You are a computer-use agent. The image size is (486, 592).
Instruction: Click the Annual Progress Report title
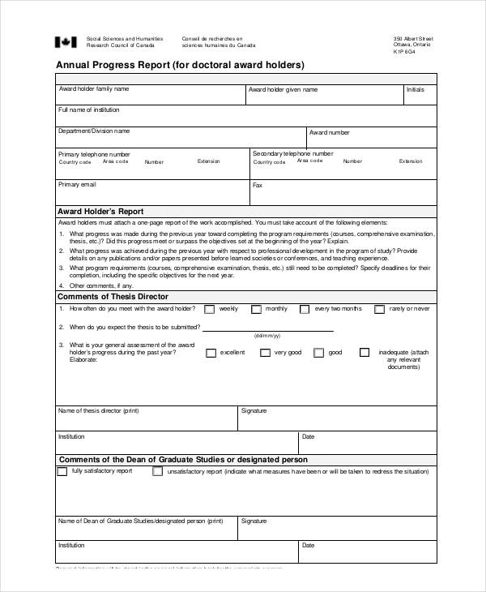(x=179, y=65)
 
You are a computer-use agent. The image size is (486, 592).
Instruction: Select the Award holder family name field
(x=150, y=95)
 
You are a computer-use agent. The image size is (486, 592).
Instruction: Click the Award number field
(x=371, y=138)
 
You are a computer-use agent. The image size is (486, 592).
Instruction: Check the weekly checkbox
(x=210, y=309)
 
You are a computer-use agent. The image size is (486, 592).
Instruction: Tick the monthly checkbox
(x=256, y=309)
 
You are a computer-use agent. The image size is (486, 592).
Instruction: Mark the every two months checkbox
(x=305, y=309)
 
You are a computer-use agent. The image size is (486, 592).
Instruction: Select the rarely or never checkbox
(x=379, y=309)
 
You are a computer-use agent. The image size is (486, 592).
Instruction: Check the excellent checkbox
(x=211, y=353)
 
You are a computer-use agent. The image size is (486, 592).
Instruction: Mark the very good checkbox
(x=265, y=353)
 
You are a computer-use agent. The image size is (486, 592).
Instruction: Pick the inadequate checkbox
(x=364, y=353)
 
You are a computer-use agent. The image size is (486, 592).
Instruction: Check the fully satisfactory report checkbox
(x=62, y=471)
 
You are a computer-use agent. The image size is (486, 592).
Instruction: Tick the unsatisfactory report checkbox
(x=157, y=471)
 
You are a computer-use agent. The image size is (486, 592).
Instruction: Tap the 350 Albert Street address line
(x=413, y=38)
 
